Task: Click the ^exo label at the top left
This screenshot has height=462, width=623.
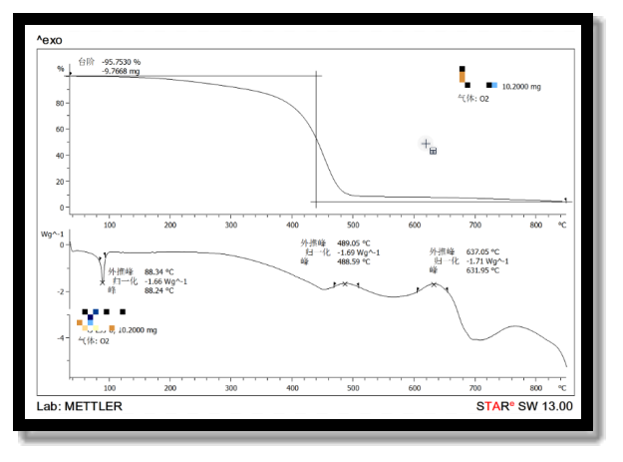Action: pos(49,39)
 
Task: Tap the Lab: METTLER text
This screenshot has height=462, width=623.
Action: pos(79,406)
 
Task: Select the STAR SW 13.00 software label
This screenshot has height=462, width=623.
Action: pos(524,406)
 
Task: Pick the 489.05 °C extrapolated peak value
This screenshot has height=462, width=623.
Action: pos(354,243)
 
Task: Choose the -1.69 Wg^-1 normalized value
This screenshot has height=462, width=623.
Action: pos(358,252)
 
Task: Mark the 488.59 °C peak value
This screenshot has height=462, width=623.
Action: pos(354,261)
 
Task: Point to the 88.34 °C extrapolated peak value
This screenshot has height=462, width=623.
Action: pos(159,271)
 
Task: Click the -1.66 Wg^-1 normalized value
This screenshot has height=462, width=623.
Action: pos(164,281)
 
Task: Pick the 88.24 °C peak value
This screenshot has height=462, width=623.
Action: pos(159,290)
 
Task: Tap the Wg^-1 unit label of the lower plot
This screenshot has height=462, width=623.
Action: pos(53,233)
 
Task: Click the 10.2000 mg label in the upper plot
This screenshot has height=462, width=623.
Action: pos(520,87)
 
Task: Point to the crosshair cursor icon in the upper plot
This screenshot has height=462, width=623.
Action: pos(426,145)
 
